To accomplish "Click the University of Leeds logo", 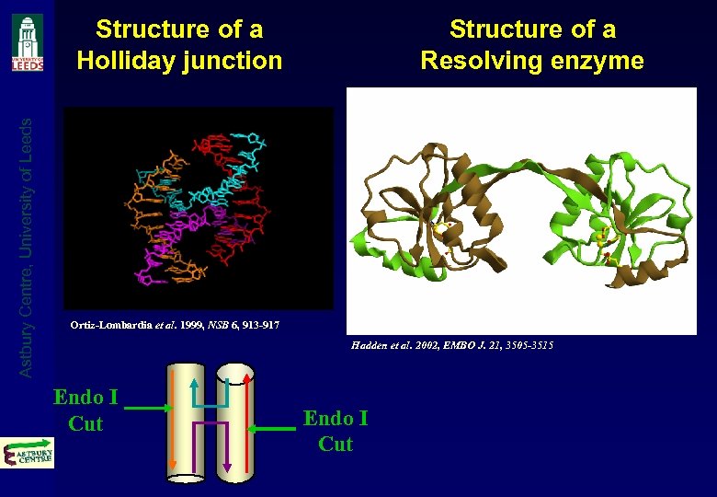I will [x=28, y=42].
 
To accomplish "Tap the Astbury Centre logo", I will [x=28, y=452].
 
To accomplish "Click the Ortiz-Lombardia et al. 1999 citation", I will [x=175, y=325].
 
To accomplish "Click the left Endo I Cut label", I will [x=85, y=410].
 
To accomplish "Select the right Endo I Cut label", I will [x=336, y=431].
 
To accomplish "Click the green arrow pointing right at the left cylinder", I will [x=147, y=408].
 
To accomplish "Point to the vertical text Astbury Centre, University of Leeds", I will [x=28, y=244].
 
